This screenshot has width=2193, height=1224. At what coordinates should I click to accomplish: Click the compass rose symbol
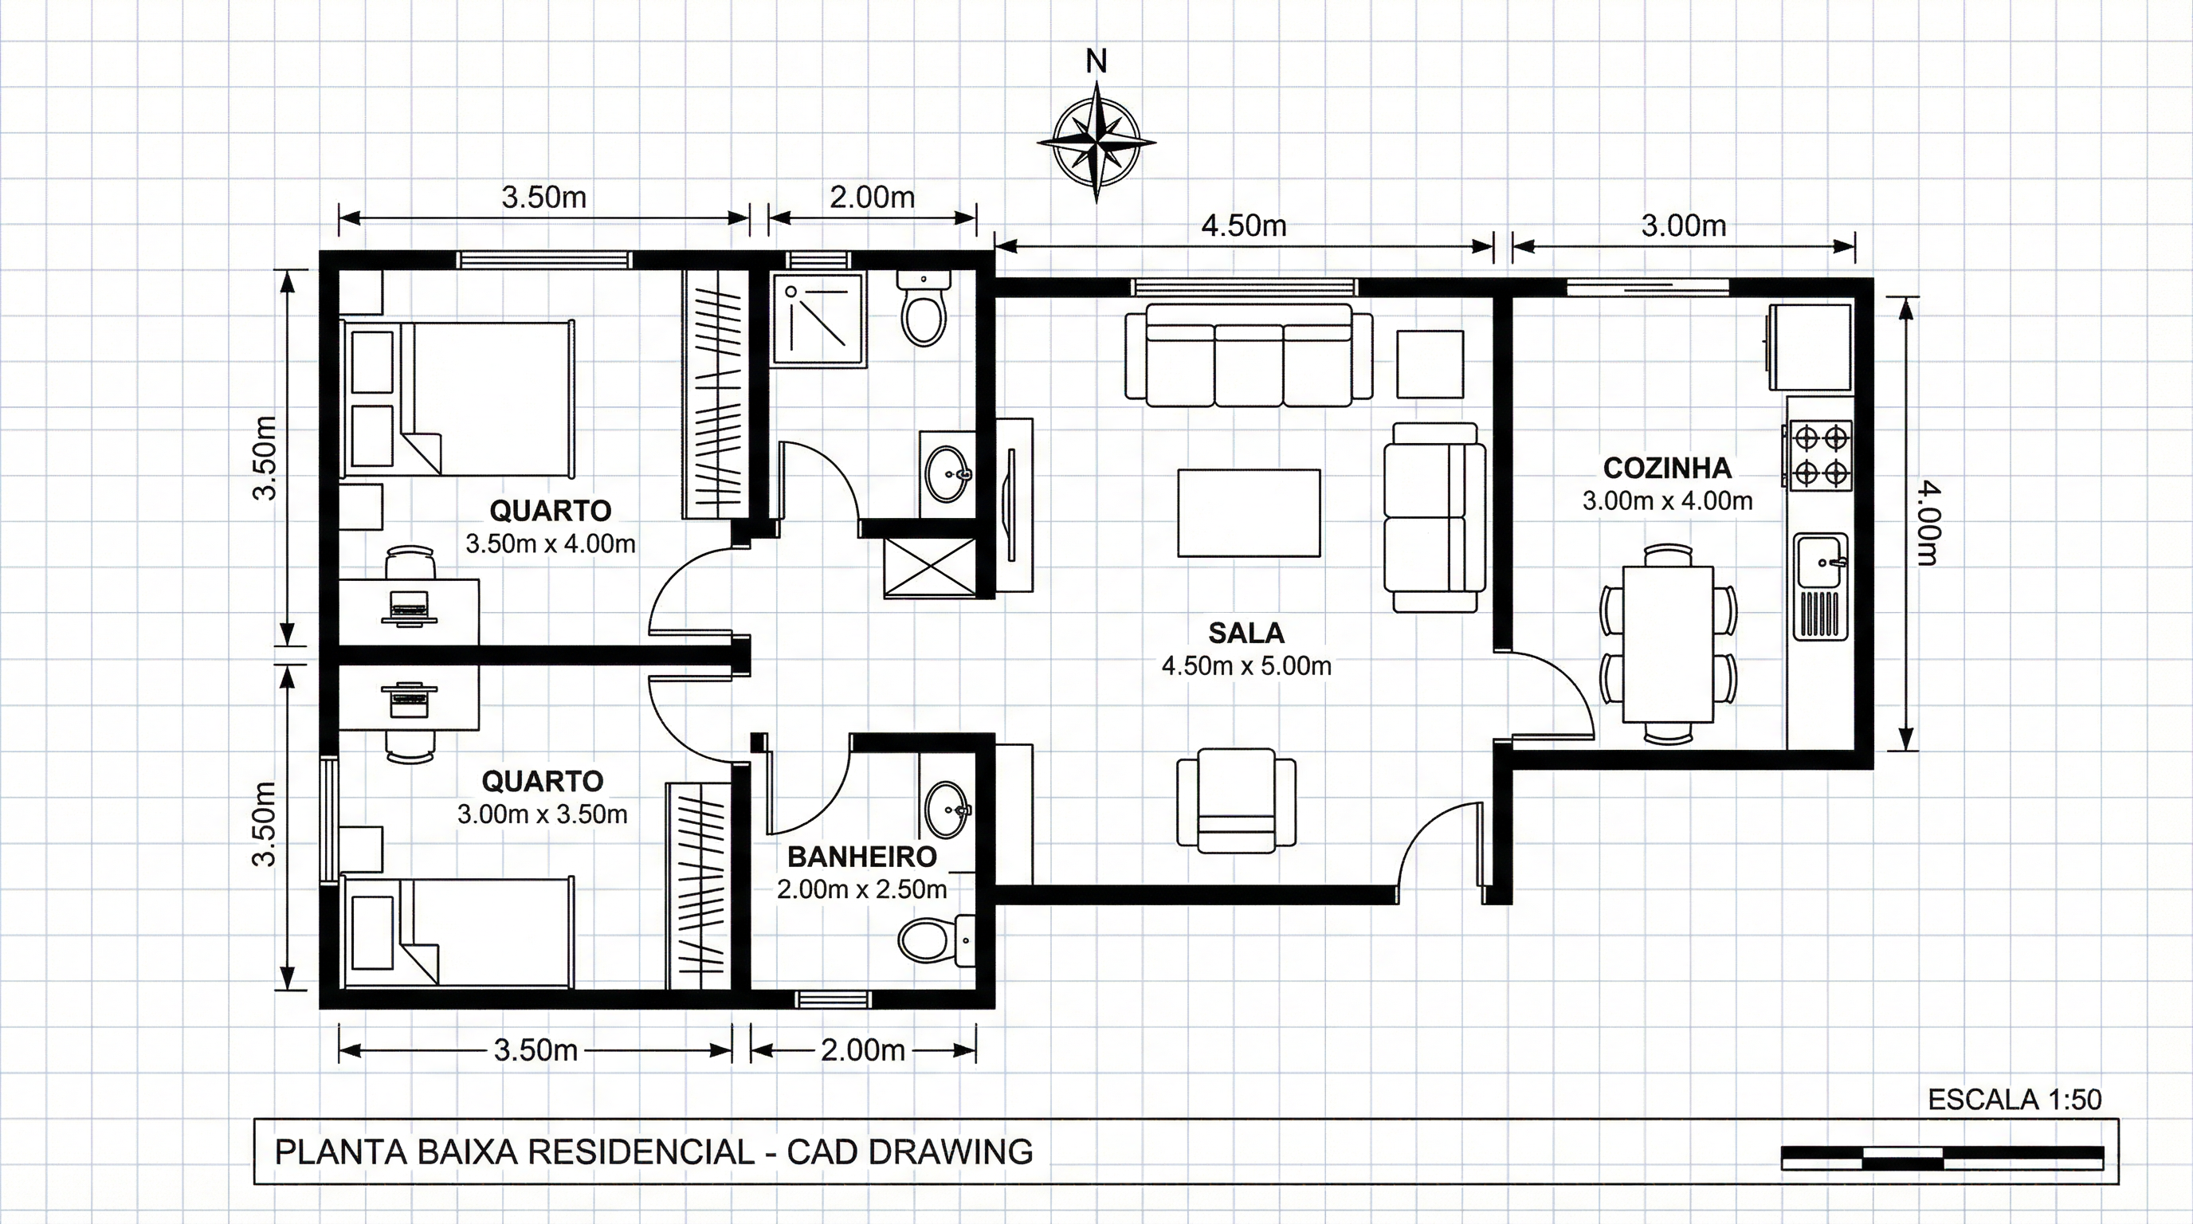(x=1096, y=142)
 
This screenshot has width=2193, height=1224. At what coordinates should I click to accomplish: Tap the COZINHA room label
(x=1667, y=468)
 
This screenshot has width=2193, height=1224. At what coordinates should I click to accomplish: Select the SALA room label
(x=1246, y=634)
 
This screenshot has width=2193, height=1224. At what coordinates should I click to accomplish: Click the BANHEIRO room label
(x=861, y=857)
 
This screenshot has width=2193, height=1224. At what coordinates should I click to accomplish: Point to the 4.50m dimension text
(x=1244, y=226)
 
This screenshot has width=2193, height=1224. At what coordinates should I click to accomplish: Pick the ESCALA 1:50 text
(x=2015, y=1100)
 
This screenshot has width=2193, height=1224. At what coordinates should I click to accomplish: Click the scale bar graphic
(x=1943, y=1158)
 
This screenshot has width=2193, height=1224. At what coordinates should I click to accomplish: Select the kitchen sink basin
(x=1822, y=562)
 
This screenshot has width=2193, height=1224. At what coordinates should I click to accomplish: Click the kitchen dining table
(x=1669, y=645)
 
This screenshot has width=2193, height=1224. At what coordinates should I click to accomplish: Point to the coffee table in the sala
(x=1249, y=512)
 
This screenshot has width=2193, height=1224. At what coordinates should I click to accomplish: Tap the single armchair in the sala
(x=1237, y=798)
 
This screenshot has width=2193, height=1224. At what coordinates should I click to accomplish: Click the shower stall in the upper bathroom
(x=818, y=320)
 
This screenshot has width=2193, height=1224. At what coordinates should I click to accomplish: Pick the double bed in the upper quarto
(x=458, y=398)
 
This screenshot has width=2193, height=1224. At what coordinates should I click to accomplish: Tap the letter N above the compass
(x=1096, y=61)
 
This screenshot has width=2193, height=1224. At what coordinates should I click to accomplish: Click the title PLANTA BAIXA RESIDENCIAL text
(x=514, y=1151)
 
